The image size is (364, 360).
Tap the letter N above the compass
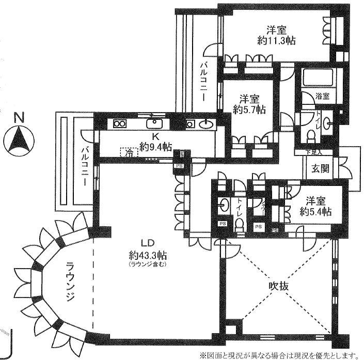point(19,118)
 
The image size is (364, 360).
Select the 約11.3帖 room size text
point(273,40)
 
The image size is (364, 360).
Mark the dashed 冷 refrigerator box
point(129,152)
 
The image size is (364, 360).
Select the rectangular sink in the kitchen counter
point(154,123)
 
